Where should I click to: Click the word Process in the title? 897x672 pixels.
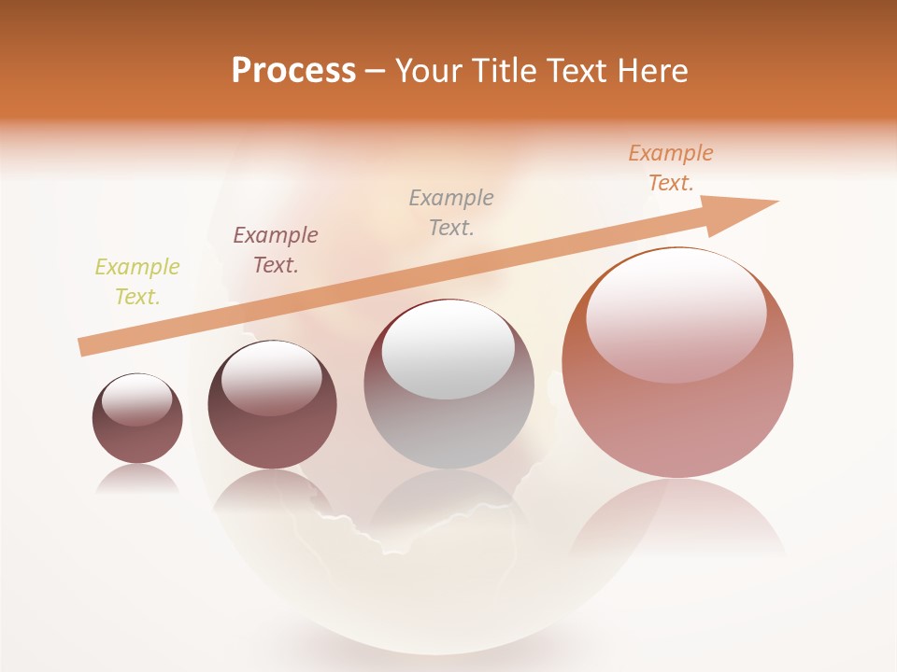(293, 71)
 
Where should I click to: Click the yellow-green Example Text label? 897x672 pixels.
(137, 282)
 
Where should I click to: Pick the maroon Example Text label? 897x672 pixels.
(276, 250)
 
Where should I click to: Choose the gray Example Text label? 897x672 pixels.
(451, 213)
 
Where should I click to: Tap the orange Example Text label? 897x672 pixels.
(671, 168)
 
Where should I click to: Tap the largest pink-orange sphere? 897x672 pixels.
(677, 420)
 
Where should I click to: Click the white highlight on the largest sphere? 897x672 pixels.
(676, 315)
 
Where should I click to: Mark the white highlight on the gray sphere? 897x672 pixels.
(448, 353)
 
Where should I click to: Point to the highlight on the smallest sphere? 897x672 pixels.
(137, 399)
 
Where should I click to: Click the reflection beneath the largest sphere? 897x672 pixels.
(677, 523)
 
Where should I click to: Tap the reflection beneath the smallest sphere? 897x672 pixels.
(137, 478)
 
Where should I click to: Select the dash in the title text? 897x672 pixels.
(376, 71)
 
